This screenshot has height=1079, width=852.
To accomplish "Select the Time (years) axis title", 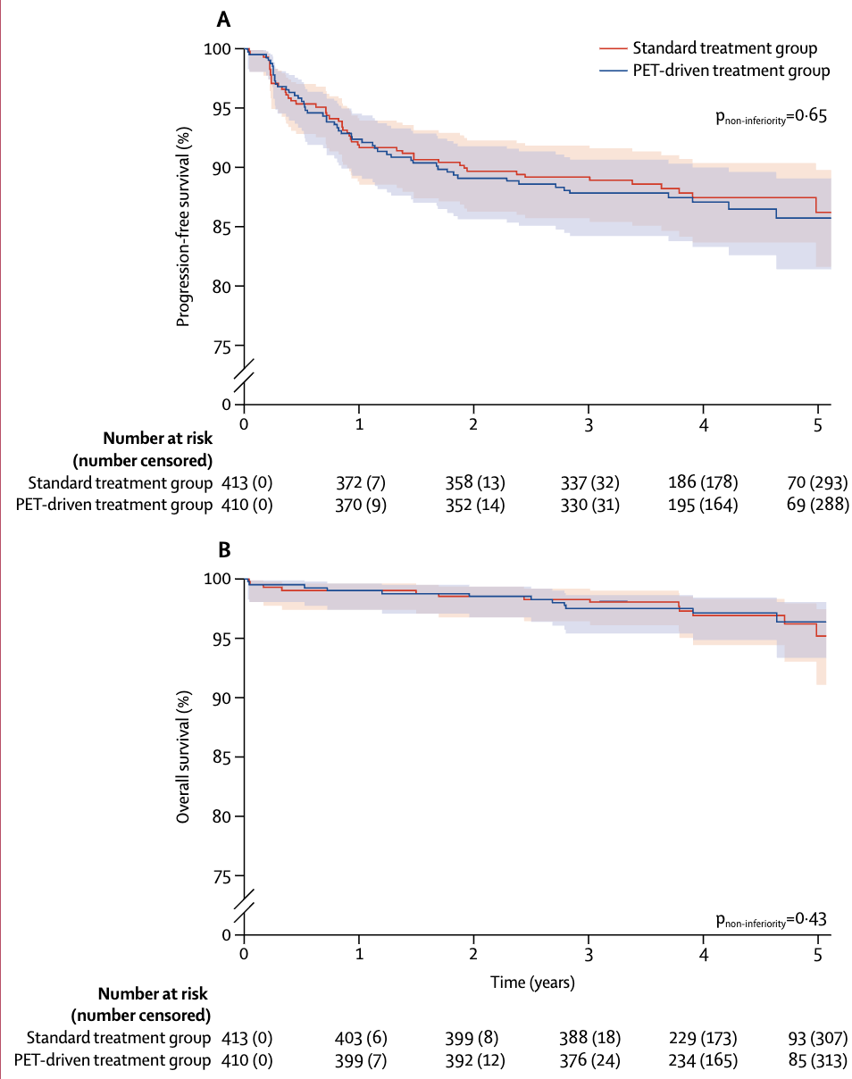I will click(532, 983).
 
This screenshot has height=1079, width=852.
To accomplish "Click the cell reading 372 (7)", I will click(359, 483).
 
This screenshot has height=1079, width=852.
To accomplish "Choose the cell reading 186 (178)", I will click(704, 483).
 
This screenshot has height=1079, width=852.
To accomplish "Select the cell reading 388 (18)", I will click(589, 1038).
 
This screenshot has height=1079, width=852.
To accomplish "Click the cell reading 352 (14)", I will click(474, 506).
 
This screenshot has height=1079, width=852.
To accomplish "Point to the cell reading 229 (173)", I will click(704, 1038).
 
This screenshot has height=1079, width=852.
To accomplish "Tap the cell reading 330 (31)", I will click(589, 506).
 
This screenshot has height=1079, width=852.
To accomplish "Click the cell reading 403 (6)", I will click(359, 1038).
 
